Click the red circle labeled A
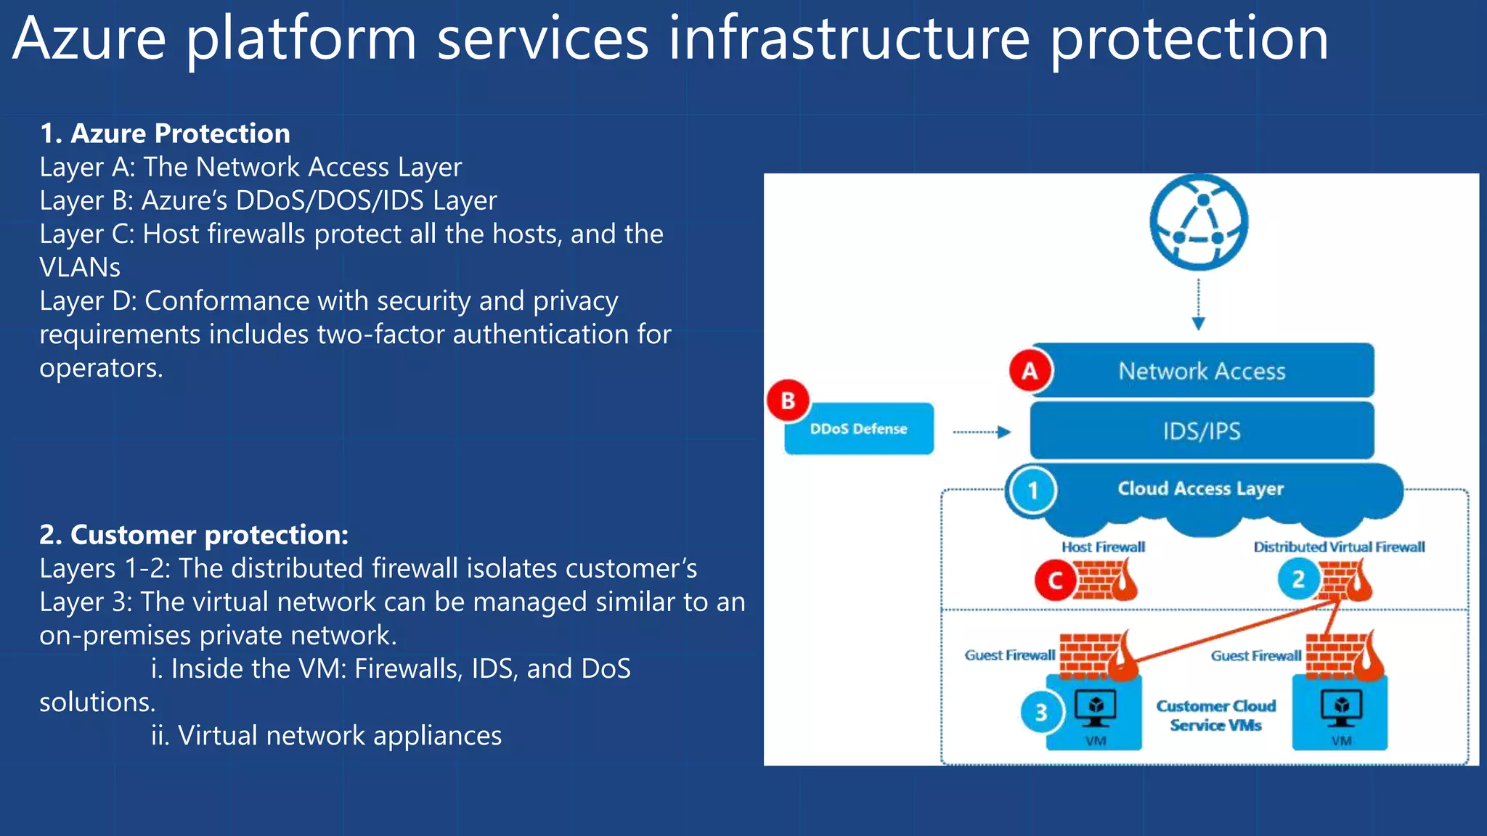[x=1030, y=371]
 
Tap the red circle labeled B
[x=788, y=401]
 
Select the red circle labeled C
[x=1055, y=581]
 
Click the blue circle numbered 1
[x=1032, y=491]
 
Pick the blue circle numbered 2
[x=1298, y=579]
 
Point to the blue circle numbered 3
[x=1041, y=712]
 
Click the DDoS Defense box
[x=859, y=429]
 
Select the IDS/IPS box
[x=1202, y=431]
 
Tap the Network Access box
[x=1202, y=371]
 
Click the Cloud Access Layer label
[x=1200, y=488]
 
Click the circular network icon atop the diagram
[x=1199, y=222]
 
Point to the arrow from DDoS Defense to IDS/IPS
[x=981, y=432]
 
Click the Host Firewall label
[x=1103, y=547]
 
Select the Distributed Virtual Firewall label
[x=1339, y=547]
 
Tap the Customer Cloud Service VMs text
[x=1215, y=716]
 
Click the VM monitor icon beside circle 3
[x=1095, y=708]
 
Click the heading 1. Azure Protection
[x=165, y=134]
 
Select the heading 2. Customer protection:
[x=194, y=535]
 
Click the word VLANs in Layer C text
[x=80, y=268]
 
